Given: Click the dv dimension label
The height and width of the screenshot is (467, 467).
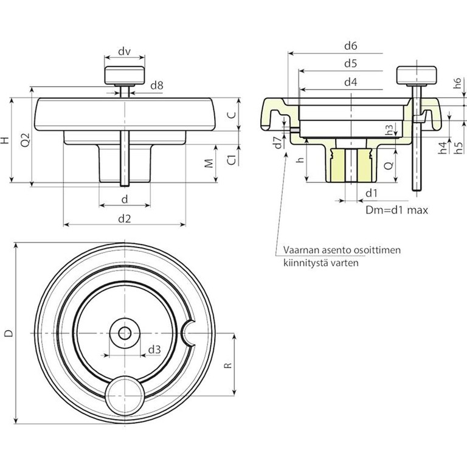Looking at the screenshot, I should pos(125,52).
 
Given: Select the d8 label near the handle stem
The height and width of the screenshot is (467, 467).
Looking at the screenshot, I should pos(156,86).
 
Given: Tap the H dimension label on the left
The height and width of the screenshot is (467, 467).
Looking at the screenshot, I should pos(5,140).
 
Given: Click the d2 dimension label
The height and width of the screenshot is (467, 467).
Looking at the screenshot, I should pos(125,218).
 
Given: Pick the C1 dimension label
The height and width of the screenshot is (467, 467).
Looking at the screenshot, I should pos(232,159).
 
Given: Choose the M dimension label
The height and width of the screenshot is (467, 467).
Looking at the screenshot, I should pos(209,164).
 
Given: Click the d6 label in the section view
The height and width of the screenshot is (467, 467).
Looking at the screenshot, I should pos(350,46).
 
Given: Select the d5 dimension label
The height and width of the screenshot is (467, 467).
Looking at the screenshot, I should pos(350,63).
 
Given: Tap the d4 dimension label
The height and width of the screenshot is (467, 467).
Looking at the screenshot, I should pos(350,81).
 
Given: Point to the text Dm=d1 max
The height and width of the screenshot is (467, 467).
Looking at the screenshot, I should pos(397,210).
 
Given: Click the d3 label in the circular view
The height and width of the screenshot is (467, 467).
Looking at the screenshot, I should pos(154,350).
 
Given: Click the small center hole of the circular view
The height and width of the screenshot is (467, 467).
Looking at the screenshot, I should pos(125,333).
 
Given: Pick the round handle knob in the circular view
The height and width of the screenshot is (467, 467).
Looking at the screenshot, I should pos(124,394).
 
